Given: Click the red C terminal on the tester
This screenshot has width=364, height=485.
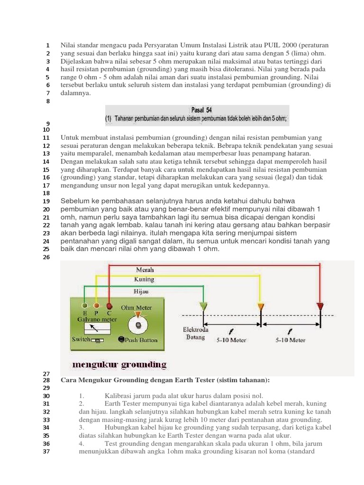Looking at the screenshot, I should [109, 306].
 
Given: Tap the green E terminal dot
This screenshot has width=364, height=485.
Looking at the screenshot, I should [85, 306].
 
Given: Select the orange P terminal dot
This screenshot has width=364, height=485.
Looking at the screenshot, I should [97, 306].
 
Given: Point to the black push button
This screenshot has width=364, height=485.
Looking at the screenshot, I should [122, 340].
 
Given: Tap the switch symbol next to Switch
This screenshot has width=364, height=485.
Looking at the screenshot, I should [98, 340].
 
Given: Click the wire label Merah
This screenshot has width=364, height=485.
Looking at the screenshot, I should [145, 269].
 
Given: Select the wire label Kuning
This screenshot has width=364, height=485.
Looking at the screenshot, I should [144, 279].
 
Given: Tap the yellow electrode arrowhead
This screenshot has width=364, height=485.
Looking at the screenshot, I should [260, 307].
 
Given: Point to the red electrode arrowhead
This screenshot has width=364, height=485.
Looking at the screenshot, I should [320, 306].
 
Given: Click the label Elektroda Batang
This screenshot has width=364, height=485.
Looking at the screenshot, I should [195, 333].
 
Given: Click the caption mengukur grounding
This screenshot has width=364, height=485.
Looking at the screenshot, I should [119, 364].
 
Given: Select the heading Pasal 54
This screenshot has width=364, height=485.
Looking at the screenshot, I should [201, 109].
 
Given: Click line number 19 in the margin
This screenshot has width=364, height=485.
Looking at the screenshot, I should [46, 201].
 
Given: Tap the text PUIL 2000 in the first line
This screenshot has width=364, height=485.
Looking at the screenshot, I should [270, 45].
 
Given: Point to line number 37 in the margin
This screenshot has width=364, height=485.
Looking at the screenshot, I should [46, 451].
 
